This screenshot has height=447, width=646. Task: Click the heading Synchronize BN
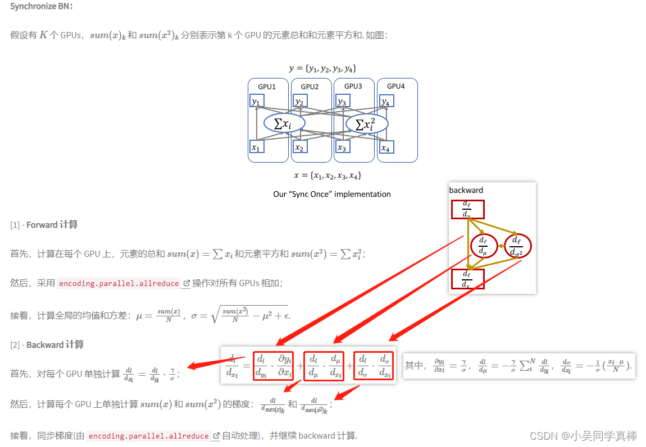pos(41,6)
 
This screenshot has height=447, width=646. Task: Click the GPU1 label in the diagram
pos(267,86)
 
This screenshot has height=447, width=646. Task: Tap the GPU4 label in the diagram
pos(395,86)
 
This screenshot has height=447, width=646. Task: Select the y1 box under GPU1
pos(257,102)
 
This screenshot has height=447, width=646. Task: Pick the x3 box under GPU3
pos(342,148)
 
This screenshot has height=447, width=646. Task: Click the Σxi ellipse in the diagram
pos(284,123)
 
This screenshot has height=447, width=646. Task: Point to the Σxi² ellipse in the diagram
pos(367,124)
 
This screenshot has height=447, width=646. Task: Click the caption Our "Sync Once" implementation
pos(331,194)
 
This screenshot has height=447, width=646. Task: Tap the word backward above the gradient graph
pos(466,190)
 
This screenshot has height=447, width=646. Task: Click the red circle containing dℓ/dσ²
pos(518,246)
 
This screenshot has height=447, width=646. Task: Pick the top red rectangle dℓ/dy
pos(467,209)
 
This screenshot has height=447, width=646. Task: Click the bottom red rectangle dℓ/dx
pos(467,279)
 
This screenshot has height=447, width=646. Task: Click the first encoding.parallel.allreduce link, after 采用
pos(119,283)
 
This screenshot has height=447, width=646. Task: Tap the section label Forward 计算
pos(52,225)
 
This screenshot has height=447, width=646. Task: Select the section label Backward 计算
pos(54,345)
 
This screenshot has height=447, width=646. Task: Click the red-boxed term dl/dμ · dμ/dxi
pos(323,365)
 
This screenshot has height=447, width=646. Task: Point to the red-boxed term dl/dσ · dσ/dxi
pos(373,365)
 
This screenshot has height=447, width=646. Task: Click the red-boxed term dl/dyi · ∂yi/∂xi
pos(273,365)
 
